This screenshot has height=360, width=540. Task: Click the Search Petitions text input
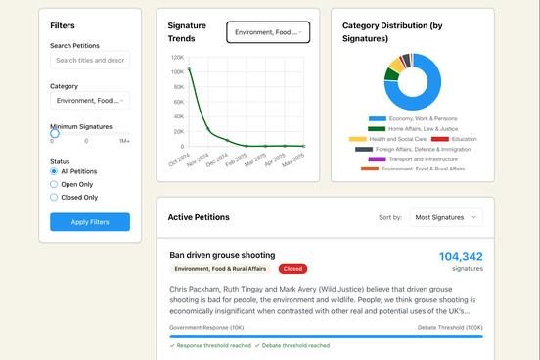click(x=89, y=61)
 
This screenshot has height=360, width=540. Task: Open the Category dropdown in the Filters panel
click(x=89, y=100)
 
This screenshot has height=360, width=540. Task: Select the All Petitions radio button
click(x=55, y=171)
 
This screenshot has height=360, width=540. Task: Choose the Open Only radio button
click(x=55, y=184)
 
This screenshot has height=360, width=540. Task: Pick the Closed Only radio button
click(x=55, y=197)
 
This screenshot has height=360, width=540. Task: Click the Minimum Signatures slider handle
click(x=55, y=133)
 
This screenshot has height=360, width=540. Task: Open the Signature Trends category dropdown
click(x=268, y=32)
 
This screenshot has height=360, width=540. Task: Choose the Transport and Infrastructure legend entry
click(x=410, y=159)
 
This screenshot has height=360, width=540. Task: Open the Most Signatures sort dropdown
click(x=445, y=217)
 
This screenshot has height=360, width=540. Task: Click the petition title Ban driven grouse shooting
click(x=222, y=255)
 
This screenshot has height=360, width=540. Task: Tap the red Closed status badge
click(x=292, y=269)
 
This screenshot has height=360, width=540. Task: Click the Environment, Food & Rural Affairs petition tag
click(x=221, y=269)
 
